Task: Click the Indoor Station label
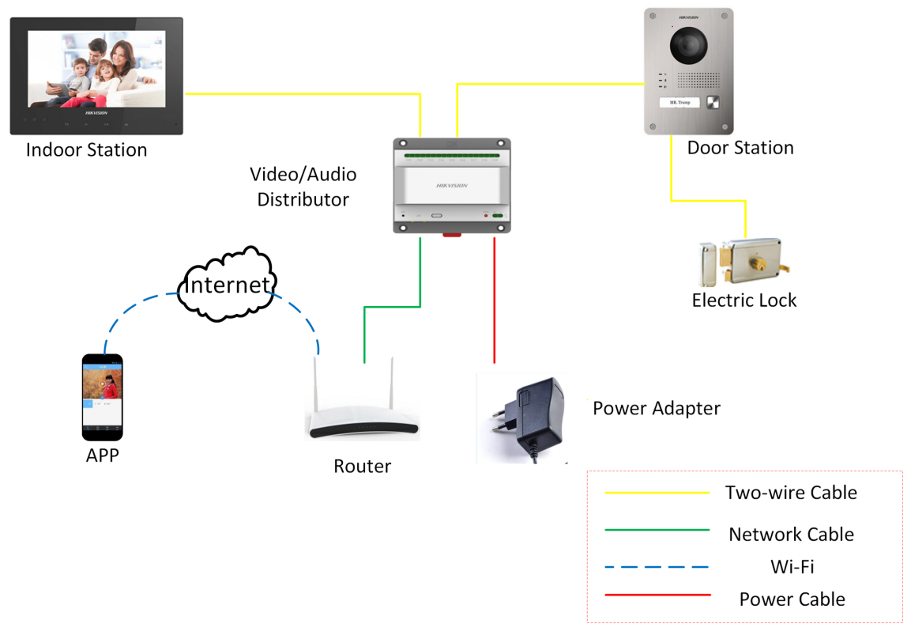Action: (x=86, y=150)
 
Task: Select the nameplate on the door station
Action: (x=679, y=103)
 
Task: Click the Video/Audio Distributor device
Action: (x=452, y=185)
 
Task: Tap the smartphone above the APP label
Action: (x=103, y=396)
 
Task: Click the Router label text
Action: (x=362, y=467)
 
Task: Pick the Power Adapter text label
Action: (x=657, y=409)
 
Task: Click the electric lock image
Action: (x=743, y=263)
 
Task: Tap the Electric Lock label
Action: (x=744, y=301)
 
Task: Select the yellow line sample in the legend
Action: (x=657, y=493)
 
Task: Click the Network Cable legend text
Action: (x=791, y=535)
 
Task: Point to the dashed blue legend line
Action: (x=657, y=567)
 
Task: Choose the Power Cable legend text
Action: (x=792, y=599)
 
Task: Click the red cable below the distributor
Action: (x=495, y=301)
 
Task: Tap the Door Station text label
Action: (x=740, y=148)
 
